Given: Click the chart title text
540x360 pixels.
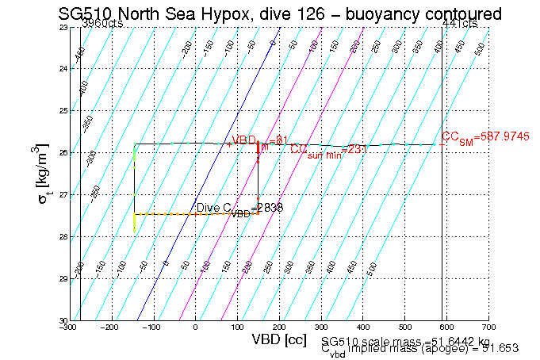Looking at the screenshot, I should (x=280, y=13).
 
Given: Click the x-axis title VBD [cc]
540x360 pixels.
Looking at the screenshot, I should (x=280, y=339).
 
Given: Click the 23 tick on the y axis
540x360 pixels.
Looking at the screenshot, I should (x=63, y=28).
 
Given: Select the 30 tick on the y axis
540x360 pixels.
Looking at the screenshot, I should (x=63, y=320).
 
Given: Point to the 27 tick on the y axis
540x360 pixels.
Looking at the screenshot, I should (x=63, y=195).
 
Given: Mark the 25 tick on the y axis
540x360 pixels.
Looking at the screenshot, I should (x=63, y=111).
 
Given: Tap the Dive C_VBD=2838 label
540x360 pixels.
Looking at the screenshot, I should (x=239, y=209).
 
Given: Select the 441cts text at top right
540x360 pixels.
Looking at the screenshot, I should (x=460, y=25).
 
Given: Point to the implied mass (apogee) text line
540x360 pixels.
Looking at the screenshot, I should (x=420, y=349).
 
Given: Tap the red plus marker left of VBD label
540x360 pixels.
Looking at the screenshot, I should (x=228, y=144).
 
